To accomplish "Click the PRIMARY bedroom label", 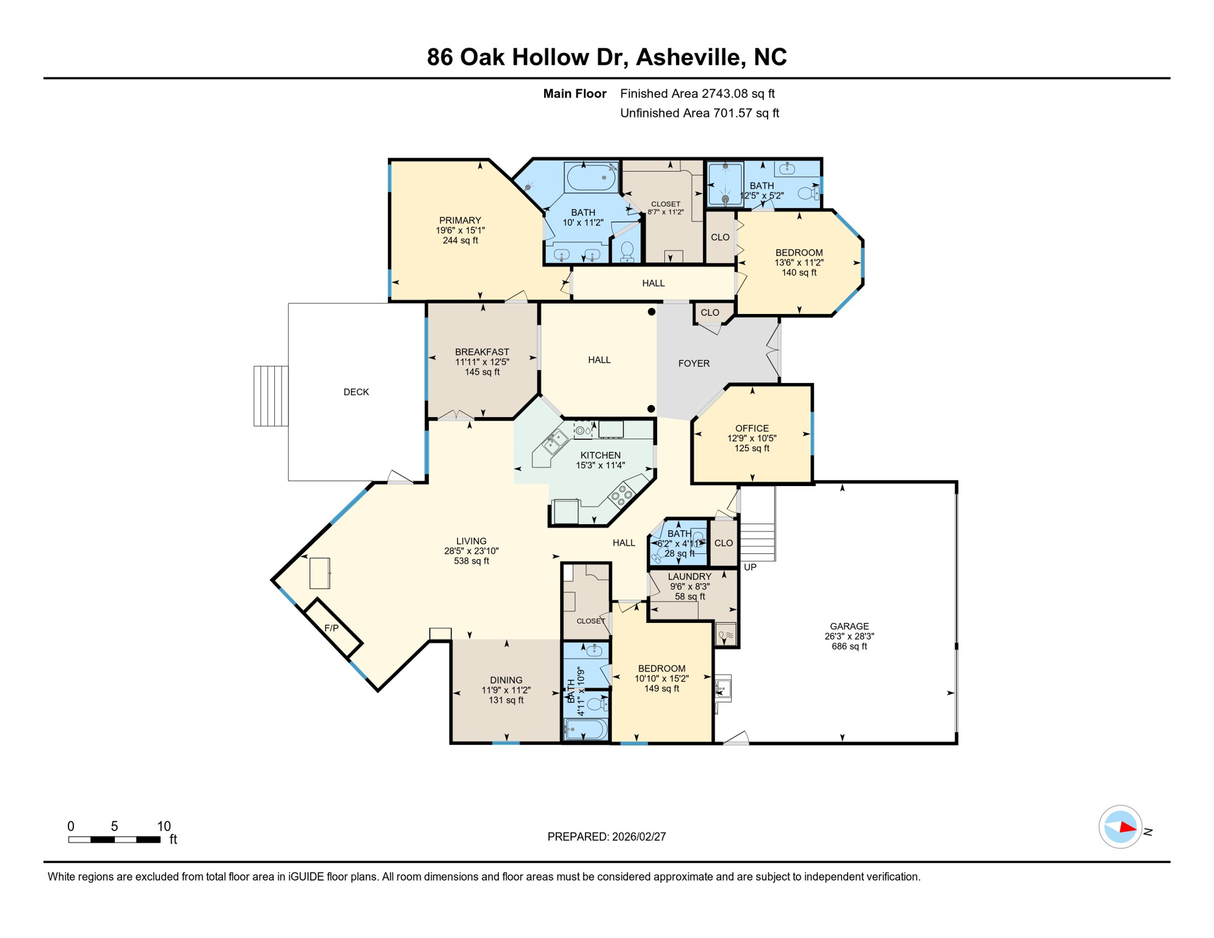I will point(460,220).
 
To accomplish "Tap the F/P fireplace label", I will point(331,628).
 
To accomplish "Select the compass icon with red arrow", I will point(1120,827).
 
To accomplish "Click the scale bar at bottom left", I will point(114,840).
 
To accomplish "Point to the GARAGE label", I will point(849,626).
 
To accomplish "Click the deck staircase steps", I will point(271,396).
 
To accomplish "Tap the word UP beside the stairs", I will point(750,567).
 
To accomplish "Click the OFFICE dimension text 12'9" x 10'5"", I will point(752,438).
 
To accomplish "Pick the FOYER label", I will point(694,363).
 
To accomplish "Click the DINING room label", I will point(506,680).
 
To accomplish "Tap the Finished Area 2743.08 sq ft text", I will point(697,93).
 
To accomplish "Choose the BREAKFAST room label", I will point(482,352).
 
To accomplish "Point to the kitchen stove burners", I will point(622,495).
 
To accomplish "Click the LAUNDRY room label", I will point(689,576).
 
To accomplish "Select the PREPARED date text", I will point(606,837).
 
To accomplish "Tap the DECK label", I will point(356,392).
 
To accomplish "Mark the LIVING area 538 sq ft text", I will point(471,561).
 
